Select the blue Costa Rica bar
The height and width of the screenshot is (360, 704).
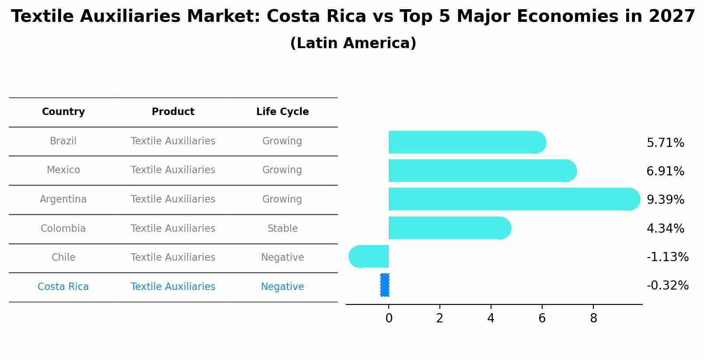coord(385,285)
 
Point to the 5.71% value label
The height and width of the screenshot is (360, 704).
coord(665,143)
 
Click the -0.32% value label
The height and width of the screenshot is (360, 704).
coord(667,286)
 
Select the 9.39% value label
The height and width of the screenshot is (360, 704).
coord(665,200)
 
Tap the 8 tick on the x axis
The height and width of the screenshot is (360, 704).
coord(593,318)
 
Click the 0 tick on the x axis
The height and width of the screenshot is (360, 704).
coord(389,318)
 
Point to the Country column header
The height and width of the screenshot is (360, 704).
coord(63,112)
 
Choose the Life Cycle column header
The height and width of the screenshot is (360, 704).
coord(282,112)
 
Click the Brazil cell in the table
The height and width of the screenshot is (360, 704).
coord(63,141)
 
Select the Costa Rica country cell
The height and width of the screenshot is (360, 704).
coord(63,287)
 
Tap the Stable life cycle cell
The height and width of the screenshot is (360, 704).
coord(282,229)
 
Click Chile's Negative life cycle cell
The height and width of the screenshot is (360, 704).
coord(282,258)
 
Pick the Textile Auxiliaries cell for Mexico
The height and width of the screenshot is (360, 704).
coord(173,170)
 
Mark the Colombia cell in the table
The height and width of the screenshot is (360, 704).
coord(63,229)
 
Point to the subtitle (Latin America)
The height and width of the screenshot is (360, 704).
coord(353,43)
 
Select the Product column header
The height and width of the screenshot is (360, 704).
coord(173,112)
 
